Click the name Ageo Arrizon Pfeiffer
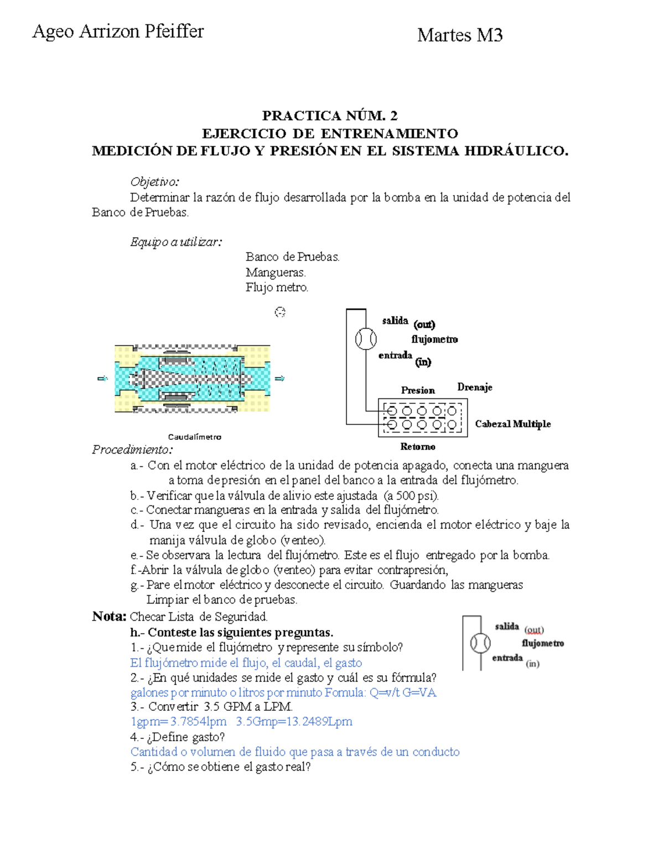tap(118, 32)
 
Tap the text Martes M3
tap(460, 35)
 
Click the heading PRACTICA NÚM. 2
tap(330, 116)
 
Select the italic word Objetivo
tap(154, 181)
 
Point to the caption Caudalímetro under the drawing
tap(195, 437)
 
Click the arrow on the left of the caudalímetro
tap(102, 378)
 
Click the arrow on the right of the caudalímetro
tap(279, 378)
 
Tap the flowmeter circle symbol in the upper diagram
tap(366, 339)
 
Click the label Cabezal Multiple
tap(513, 424)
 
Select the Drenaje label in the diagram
tap(475, 387)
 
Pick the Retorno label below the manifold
tap(418, 446)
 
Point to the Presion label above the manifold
tap(418, 391)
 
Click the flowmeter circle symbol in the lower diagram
tap(480, 643)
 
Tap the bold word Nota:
tap(110, 616)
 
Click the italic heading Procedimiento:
tap(132, 449)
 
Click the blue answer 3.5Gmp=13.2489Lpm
tap(294, 722)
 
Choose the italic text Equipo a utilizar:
tap(176, 242)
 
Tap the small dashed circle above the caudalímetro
tap(280, 313)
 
